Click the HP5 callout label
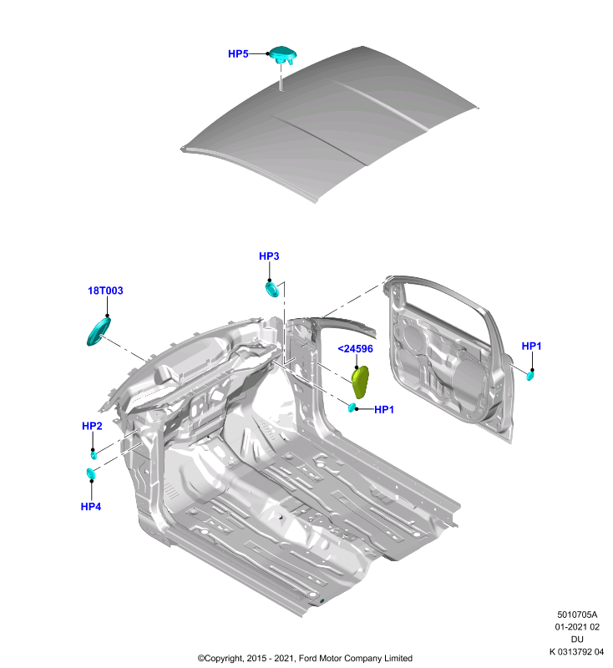click(238, 53)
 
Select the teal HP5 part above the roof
click(283, 54)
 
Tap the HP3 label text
click(269, 256)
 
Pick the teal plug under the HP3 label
click(272, 288)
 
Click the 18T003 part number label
click(105, 291)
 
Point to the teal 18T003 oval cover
click(99, 331)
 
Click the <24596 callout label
click(355, 349)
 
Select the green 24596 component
click(360, 382)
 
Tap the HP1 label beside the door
click(531, 346)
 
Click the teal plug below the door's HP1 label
click(530, 376)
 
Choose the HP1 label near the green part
click(384, 409)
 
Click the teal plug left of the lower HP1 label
click(352, 407)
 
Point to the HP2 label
click(92, 426)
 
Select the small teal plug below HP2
click(94, 455)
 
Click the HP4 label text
click(91, 507)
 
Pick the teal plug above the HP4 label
click(91, 473)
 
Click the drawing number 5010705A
click(577, 615)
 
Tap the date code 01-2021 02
click(577, 627)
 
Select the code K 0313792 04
click(576, 652)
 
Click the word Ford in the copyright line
click(308, 658)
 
